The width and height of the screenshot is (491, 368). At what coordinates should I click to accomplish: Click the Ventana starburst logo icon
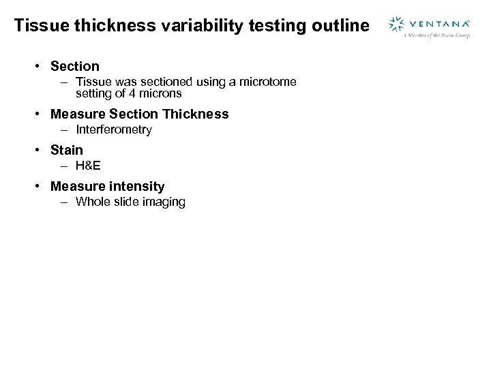point(397,25)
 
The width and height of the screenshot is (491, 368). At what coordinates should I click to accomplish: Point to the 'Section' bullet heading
point(75,66)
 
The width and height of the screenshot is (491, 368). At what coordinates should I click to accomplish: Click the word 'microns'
point(160,93)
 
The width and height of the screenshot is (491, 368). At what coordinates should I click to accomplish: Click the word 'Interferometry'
point(114,129)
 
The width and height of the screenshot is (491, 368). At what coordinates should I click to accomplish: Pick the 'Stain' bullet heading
point(67,150)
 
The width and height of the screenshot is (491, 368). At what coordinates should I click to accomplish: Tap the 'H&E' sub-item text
point(89,166)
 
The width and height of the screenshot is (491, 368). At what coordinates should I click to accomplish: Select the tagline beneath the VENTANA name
point(436,35)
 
